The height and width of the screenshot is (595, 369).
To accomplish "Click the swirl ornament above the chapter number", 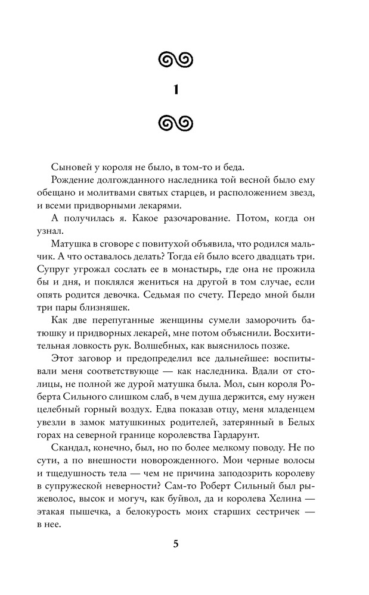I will [176, 58].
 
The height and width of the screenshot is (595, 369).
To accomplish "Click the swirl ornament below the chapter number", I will [176, 124].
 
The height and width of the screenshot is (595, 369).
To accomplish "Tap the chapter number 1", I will [176, 90].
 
